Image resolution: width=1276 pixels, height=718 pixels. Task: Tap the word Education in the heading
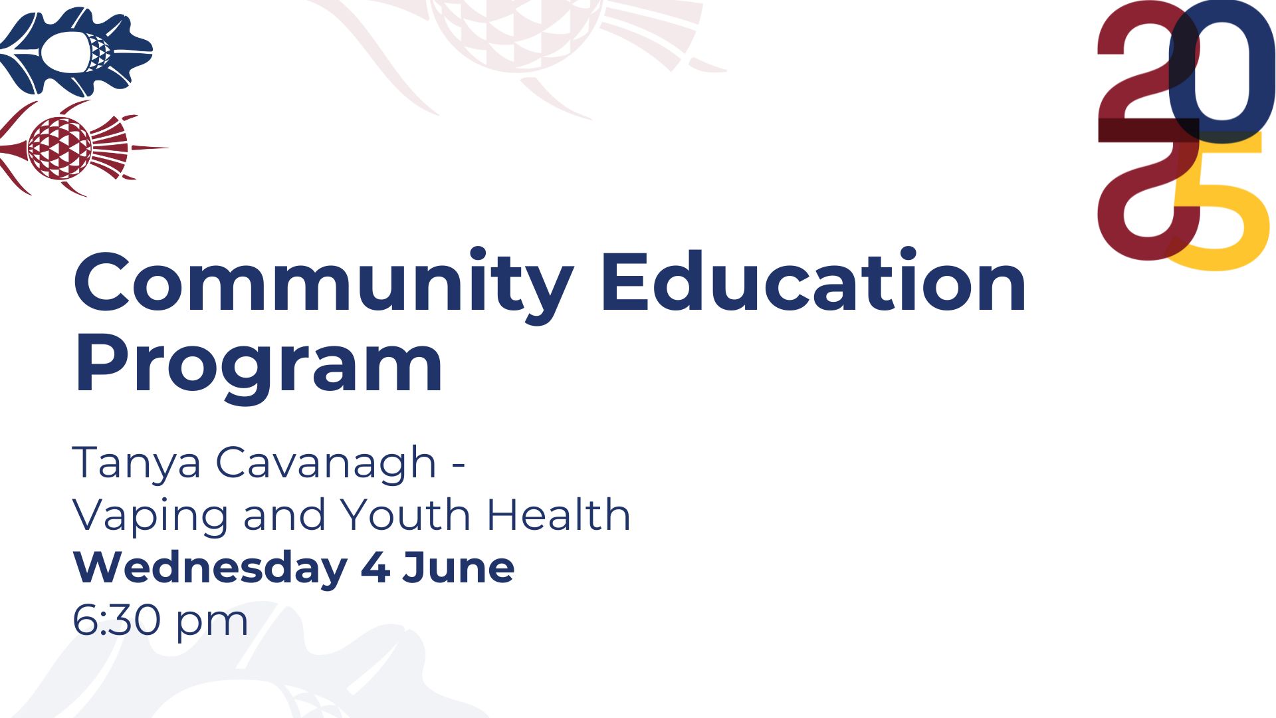click(814, 281)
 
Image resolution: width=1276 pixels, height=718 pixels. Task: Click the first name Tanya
click(136, 464)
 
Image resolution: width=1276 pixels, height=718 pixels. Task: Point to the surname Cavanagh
click(326, 464)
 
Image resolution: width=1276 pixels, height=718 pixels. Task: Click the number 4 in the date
click(375, 568)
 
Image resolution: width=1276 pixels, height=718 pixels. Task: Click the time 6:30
click(116, 620)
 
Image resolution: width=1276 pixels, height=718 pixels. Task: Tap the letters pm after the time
click(212, 625)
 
